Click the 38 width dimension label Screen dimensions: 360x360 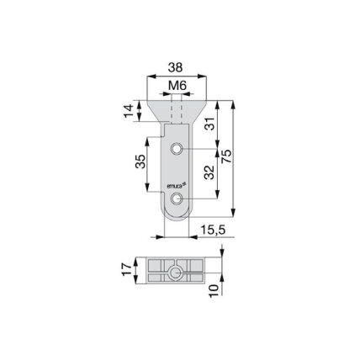click(175, 67)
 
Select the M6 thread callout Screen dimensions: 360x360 click(177, 86)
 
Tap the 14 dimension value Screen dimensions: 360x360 click(129, 111)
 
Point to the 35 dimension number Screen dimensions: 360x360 click(141, 161)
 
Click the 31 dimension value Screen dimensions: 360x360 click(210, 124)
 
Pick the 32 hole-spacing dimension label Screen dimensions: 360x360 click(209, 172)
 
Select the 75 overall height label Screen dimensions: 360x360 click(226, 156)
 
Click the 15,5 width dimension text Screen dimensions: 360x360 click(214, 230)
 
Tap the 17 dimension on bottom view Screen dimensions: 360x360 click(127, 269)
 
